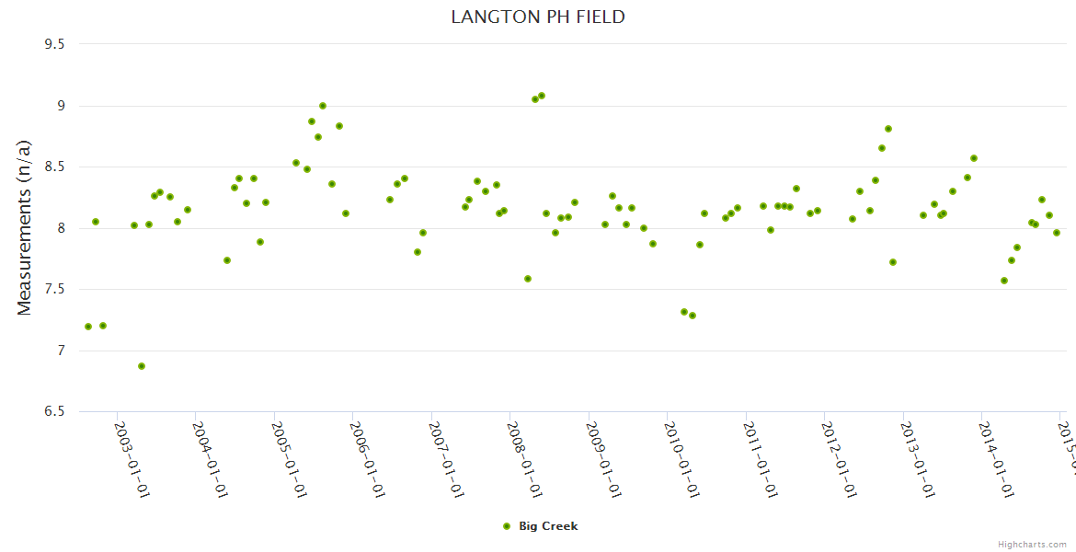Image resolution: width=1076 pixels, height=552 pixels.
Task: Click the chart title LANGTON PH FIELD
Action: (538, 17)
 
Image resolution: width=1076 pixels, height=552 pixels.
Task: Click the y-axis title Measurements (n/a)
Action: (25, 228)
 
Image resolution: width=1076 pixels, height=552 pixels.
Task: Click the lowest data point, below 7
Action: (142, 366)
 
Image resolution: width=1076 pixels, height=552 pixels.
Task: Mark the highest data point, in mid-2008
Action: (542, 96)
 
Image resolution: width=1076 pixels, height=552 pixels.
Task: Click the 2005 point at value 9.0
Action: (323, 106)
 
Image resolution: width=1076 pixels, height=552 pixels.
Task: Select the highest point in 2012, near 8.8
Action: (888, 129)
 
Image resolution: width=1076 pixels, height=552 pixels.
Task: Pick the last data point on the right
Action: (1057, 233)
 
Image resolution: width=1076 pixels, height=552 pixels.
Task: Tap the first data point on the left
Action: (88, 327)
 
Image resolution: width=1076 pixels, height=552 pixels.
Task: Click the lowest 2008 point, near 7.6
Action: (528, 279)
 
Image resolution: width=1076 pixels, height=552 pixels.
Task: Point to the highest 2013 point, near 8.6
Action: (974, 158)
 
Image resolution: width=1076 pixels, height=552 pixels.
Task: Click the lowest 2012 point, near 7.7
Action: (893, 262)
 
